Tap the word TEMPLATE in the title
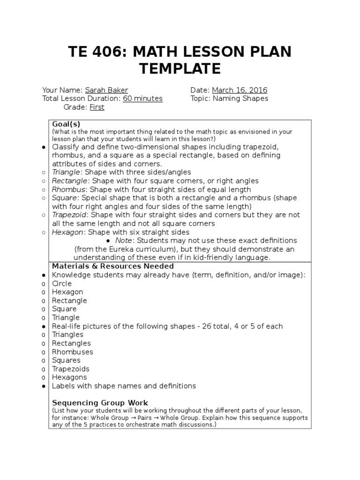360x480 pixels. point(180,69)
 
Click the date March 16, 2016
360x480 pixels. point(240,90)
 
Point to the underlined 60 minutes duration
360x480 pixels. point(142,98)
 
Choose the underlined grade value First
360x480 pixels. point(97,107)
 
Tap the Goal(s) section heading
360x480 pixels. point(66,124)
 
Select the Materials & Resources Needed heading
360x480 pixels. point(113,266)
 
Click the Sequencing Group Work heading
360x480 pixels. point(100,403)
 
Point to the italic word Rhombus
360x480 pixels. point(69,189)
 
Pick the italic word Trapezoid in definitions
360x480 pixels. point(70,215)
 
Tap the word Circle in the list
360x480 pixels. point(62,284)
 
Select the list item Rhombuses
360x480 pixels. point(73,352)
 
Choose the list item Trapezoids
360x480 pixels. point(71,369)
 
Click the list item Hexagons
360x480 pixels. point(69,377)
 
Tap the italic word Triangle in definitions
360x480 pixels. point(67,172)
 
